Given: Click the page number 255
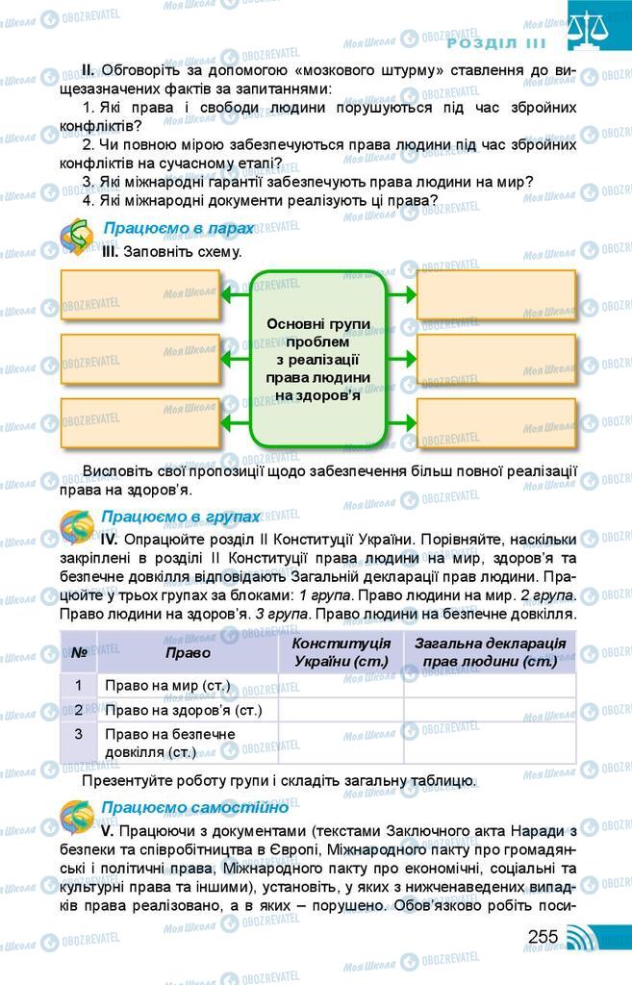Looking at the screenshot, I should (543, 936).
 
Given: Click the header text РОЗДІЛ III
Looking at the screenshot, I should (496, 43).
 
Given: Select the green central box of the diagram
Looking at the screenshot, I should (318, 359).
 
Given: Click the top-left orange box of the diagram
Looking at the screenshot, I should (140, 294).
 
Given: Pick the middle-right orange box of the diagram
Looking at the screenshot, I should (496, 359).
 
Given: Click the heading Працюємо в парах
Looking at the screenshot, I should (178, 228).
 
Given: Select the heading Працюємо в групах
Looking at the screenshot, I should (181, 517).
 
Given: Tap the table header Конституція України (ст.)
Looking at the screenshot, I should (341, 652).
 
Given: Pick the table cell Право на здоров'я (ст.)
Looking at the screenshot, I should (183, 710).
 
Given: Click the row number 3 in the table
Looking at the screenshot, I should (78, 733).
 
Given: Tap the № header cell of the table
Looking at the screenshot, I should (78, 652).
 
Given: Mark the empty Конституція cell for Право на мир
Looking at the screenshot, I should (341, 685).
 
